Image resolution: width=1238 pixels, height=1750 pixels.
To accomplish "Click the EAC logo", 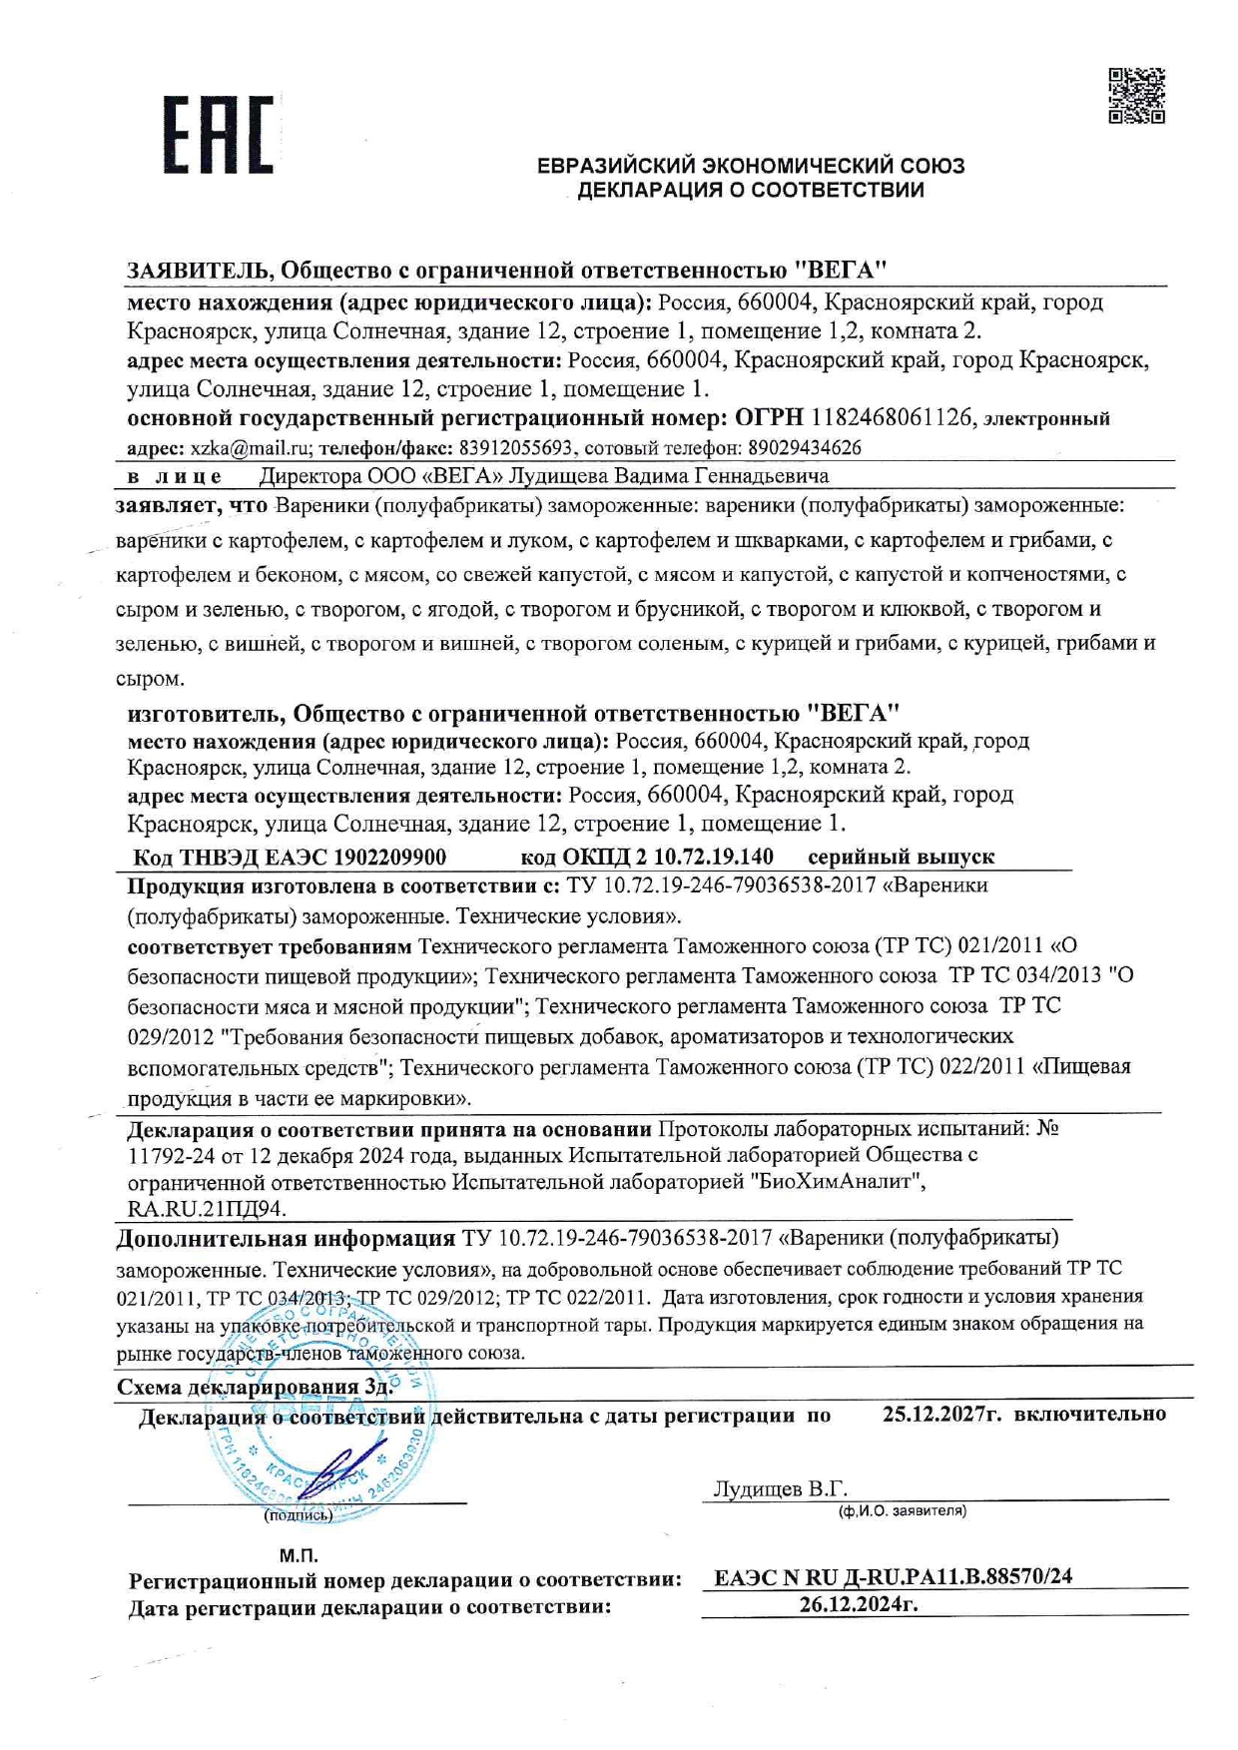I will pyautogui.click(x=219, y=134).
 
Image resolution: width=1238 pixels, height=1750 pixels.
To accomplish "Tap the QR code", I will pyautogui.click(x=1136, y=96).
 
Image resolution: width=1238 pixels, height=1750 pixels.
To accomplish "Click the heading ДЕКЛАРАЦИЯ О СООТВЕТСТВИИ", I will pyautogui.click(x=751, y=190).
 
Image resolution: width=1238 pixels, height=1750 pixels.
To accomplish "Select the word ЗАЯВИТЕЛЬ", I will pyautogui.click(x=198, y=270).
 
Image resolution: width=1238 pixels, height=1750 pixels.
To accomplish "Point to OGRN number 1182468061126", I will pyautogui.click(x=892, y=417).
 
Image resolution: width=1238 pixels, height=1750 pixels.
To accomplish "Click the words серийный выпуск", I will pyautogui.click(x=901, y=857).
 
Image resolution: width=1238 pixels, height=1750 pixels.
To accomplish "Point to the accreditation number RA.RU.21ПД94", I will pyautogui.click(x=207, y=1209).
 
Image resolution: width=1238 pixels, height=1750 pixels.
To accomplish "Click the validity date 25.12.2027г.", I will pyautogui.click(x=941, y=1414).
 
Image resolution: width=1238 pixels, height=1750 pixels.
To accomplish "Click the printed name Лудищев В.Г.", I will pyautogui.click(x=780, y=1488).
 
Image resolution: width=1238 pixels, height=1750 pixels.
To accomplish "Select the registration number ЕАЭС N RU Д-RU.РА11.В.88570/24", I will pyautogui.click(x=894, y=1577).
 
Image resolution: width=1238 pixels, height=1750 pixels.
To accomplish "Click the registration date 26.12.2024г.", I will pyautogui.click(x=859, y=1604).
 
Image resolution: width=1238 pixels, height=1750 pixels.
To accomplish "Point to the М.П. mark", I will pyautogui.click(x=299, y=1555).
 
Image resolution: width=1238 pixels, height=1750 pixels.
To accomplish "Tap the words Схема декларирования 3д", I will pyautogui.click(x=256, y=1387).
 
